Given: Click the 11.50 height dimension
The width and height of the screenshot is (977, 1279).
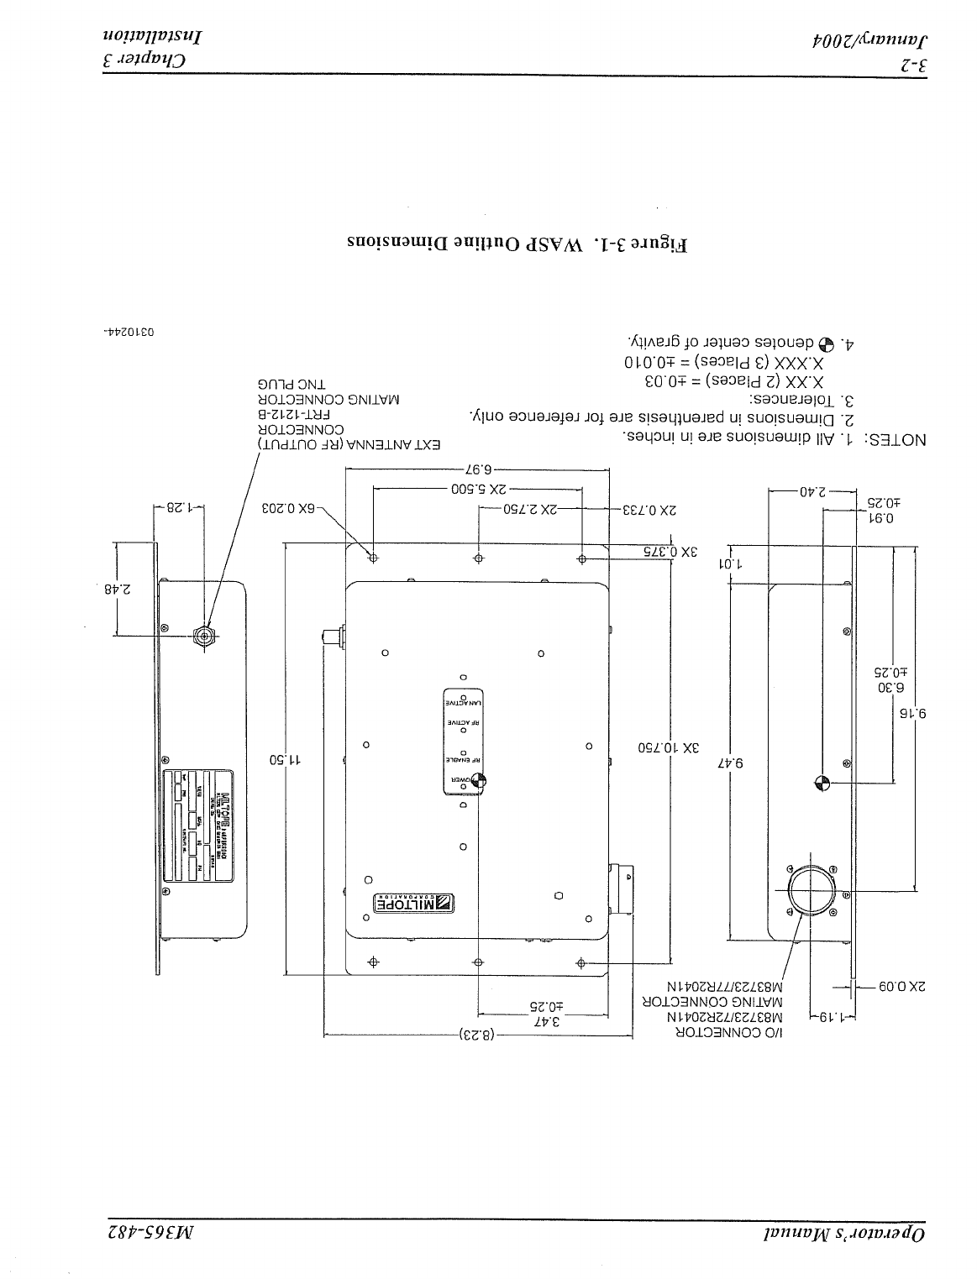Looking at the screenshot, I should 286,760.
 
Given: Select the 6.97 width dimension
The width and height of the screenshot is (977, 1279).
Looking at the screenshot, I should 476,469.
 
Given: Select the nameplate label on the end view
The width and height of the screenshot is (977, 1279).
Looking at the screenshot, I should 200,826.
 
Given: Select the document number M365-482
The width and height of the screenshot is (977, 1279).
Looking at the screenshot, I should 152,1234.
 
